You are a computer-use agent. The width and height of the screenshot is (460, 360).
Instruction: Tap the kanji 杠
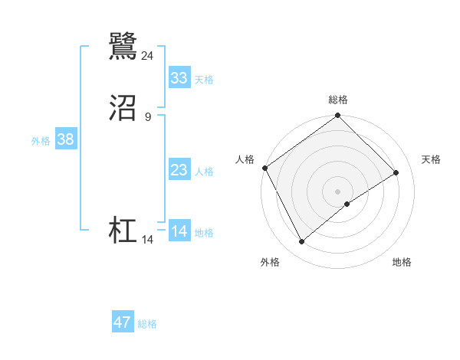coord(123,231)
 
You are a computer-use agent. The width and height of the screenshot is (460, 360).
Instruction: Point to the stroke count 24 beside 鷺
coord(148,55)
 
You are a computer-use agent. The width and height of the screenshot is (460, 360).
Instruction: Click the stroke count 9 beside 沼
coord(148,116)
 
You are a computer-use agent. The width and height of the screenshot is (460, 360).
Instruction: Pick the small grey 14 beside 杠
coord(148,240)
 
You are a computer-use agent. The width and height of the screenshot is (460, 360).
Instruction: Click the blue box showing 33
coord(179,78)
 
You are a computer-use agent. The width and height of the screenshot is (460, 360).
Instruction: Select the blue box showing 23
coord(179,171)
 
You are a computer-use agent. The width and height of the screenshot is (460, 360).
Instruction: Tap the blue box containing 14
coord(179,231)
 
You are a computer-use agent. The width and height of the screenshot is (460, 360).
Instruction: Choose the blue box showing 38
coord(65,139)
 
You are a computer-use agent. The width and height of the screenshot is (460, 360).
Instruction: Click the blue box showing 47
coord(123,322)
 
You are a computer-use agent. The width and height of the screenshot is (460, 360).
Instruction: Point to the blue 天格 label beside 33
coord(204,80)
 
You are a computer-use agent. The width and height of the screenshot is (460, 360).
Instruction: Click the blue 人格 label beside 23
coord(204,172)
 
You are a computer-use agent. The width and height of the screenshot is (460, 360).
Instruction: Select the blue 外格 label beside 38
coord(41,141)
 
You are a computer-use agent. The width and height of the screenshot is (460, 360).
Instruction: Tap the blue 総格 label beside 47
coord(147,324)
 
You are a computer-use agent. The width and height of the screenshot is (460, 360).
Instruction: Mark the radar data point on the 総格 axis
coord(337,116)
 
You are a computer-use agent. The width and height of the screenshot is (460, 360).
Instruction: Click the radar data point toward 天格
coord(396,173)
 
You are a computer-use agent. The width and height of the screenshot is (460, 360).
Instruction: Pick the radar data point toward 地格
coord(347,204)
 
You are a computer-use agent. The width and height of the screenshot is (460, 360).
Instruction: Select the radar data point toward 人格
coord(264,169)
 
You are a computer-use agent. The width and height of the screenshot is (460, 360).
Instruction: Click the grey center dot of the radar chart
coord(337,191)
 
